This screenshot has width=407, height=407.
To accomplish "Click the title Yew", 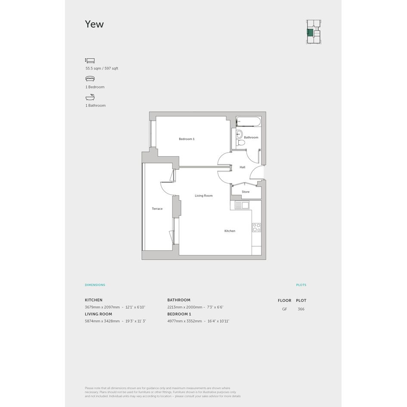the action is click(94, 24).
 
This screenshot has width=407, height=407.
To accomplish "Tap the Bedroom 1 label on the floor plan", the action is click(186, 139).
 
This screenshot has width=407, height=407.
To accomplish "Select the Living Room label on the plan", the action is click(204, 196).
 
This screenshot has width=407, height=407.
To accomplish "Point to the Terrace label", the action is click(157, 209).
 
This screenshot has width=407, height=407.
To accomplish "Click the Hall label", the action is click(242, 167).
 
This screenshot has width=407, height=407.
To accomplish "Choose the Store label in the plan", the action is click(245, 192).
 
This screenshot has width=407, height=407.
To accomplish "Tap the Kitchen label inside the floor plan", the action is click(230, 231).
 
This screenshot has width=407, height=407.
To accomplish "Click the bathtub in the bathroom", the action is click(249, 122).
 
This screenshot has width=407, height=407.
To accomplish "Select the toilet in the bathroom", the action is click(241, 143).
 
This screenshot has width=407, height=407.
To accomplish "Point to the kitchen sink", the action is click(242, 205).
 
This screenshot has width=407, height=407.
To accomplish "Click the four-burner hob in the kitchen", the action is click(256, 227).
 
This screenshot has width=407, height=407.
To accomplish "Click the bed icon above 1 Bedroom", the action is click(90, 79).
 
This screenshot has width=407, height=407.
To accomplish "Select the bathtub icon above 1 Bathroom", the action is click(90, 97).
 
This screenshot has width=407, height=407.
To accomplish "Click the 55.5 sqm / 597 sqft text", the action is click(102, 68).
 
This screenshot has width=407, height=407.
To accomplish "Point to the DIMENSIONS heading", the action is click(95, 285).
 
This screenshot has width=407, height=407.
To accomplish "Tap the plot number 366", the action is click(301, 309).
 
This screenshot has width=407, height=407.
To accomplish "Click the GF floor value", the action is click(285, 309).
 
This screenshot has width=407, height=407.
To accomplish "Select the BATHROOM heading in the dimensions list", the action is click(179, 300).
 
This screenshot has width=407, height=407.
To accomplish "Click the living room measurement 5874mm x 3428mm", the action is click(102, 321).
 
